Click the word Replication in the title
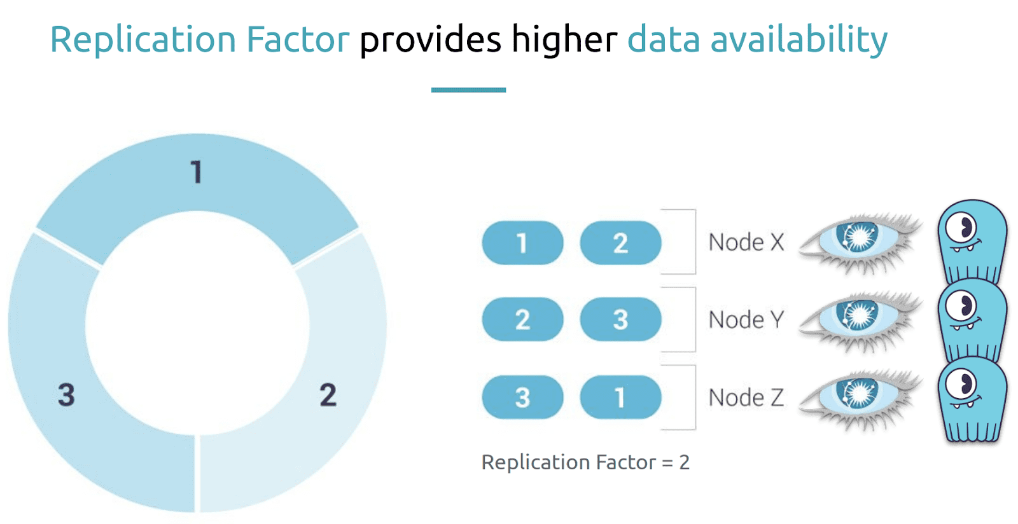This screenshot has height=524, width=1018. tap(143, 40)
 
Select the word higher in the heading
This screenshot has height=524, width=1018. tap(564, 40)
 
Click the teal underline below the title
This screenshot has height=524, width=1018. tap(468, 90)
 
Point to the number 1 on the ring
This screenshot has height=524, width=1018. tap(197, 172)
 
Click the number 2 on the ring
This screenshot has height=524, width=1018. tap(328, 394)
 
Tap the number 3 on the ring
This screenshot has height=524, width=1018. tap(66, 394)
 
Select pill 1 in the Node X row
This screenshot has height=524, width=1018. tap(522, 242)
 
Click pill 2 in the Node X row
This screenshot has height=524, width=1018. tap(621, 242)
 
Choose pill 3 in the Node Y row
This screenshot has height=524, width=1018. tap(621, 319)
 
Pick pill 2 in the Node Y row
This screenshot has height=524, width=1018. tap(522, 319)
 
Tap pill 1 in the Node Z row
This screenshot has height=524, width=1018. tap(621, 397)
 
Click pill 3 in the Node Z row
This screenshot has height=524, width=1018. tap(522, 397)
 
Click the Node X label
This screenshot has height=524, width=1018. tap(746, 242)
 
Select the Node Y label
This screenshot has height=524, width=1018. tap(746, 320)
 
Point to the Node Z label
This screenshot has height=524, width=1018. tap(746, 397)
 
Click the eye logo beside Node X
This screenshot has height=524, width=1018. tap(860, 243)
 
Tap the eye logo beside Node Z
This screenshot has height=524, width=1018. tap(860, 399)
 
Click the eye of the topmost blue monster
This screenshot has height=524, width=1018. tap(960, 228)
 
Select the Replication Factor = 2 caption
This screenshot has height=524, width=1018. tap(585, 462)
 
